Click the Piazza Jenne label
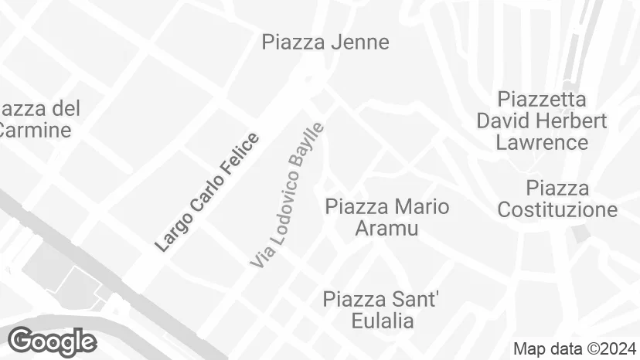click(x=325, y=42)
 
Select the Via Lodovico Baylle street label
click(x=287, y=195)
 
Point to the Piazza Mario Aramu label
click(x=386, y=217)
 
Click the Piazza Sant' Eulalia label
click(x=380, y=310)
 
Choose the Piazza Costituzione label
click(x=557, y=199)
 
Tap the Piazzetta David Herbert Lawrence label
click(x=541, y=121)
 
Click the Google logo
click(x=52, y=341)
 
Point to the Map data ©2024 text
click(x=575, y=348)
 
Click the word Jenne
click(x=359, y=42)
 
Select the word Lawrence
click(x=542, y=142)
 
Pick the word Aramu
click(x=386, y=228)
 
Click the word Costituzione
click(x=557, y=209)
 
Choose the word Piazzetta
click(x=542, y=100)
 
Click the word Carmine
click(x=36, y=129)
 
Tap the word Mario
click(x=422, y=206)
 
